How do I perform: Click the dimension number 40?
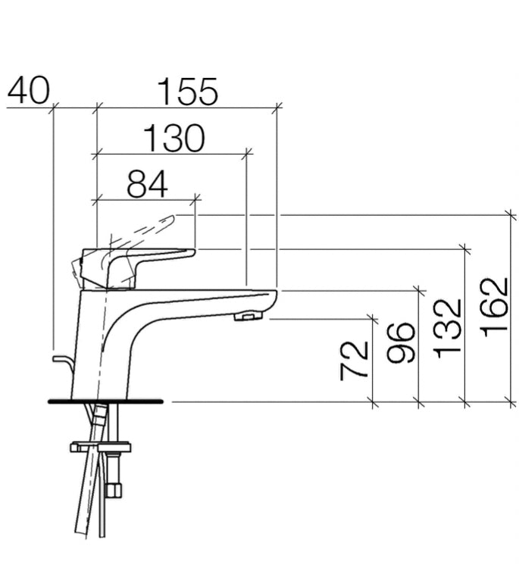pyautogui.click(x=29, y=90)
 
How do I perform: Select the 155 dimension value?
pyautogui.click(x=187, y=91)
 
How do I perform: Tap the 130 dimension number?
pyautogui.click(x=174, y=138)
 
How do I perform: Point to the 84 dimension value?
pyautogui.click(x=148, y=184)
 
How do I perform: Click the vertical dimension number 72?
pyautogui.click(x=354, y=361)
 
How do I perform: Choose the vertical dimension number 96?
pyautogui.click(x=401, y=343)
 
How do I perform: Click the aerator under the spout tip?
pyautogui.click(x=248, y=317)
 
